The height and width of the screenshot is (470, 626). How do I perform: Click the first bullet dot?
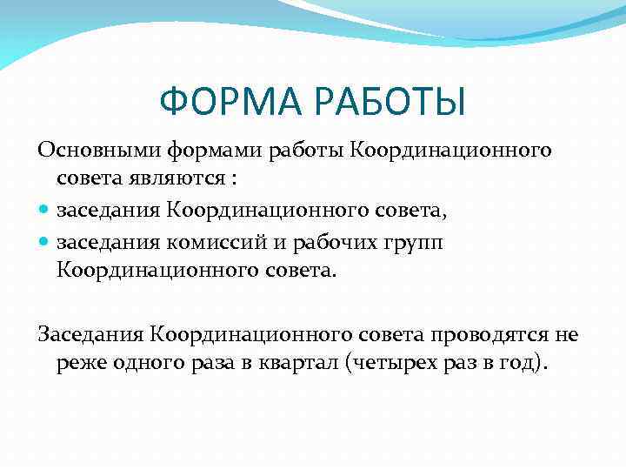coord(44,211)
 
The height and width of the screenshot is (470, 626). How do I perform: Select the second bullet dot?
coord(44,241)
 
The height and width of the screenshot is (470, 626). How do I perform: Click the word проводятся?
coord(483,333)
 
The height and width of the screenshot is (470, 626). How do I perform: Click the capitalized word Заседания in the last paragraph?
coord(90,333)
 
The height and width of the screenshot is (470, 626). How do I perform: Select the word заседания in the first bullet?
coord(110,210)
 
